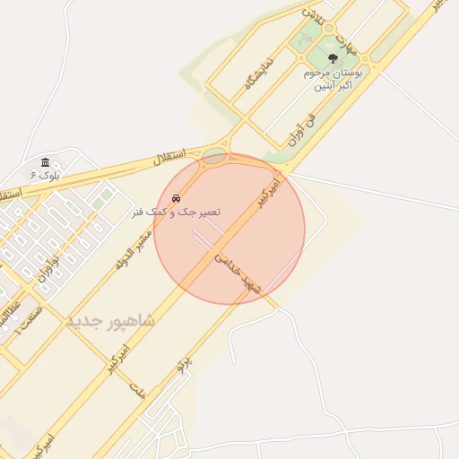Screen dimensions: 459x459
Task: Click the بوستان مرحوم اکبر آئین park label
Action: click(x=333, y=80)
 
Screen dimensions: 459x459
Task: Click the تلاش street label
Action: click(x=309, y=13)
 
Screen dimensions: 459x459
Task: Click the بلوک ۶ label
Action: click(x=45, y=175)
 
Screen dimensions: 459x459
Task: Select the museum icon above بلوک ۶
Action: click(x=45, y=162)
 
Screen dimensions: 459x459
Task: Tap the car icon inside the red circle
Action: click(x=176, y=195)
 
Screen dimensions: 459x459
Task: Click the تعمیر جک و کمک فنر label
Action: click(x=176, y=212)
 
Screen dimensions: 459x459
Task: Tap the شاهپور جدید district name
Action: click(x=110, y=320)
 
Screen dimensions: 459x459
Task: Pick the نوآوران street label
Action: click(x=47, y=265)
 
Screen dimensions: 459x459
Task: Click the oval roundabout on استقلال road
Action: click(x=214, y=157)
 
